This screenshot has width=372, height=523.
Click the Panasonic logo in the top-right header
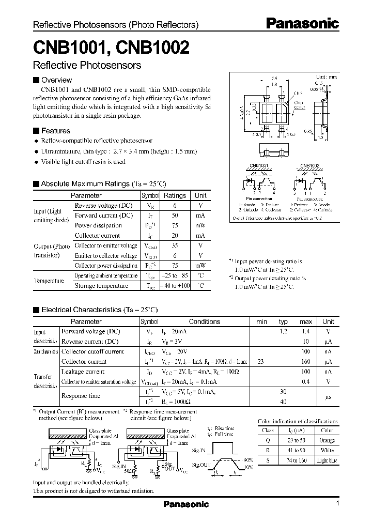303,23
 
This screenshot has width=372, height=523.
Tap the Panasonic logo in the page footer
186,504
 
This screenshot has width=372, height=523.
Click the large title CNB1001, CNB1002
111,48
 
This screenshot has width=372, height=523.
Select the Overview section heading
56,80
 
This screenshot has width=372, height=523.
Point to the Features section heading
55,131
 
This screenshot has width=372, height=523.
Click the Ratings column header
175,196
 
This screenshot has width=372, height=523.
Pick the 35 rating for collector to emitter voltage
175,245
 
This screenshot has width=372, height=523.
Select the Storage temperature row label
102,285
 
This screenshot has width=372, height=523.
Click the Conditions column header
204,321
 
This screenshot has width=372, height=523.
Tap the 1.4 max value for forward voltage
306,331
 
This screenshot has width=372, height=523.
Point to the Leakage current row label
83,372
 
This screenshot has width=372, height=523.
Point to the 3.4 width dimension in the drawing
274,78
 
